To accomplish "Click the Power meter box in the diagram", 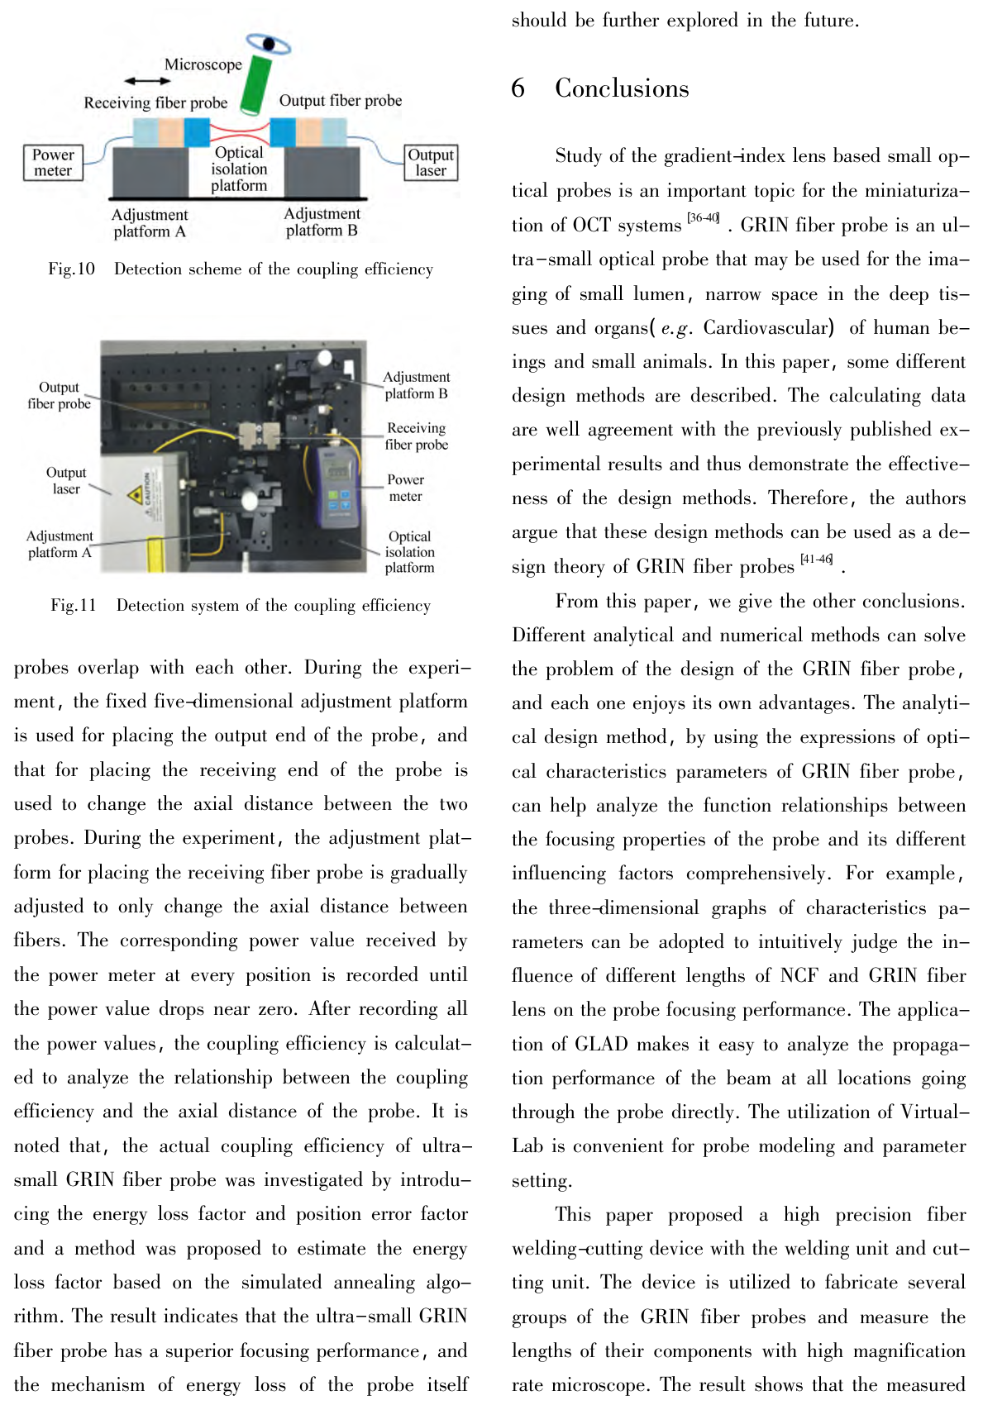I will tap(53, 163).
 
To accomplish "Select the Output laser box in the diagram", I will tap(431, 163).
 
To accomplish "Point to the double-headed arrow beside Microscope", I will tap(147, 81).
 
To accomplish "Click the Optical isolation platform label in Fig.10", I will tap(239, 169).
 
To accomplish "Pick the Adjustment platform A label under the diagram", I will tap(150, 223).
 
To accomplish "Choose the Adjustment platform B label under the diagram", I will tap(322, 222).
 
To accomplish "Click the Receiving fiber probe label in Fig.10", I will tap(155, 102).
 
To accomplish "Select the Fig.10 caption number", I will tap(72, 269).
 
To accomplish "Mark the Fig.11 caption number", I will tap(74, 606).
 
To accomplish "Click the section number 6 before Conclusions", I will tap(518, 88).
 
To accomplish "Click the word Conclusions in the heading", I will tap(622, 88).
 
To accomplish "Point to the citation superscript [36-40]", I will tap(704, 218).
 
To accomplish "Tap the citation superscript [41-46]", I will tap(817, 560).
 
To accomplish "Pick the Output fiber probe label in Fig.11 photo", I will tap(59, 396).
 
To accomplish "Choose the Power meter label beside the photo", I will tap(405, 488).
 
